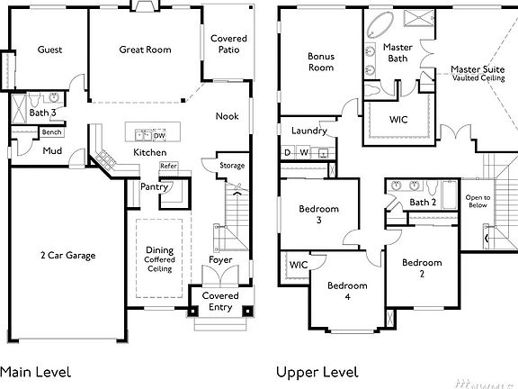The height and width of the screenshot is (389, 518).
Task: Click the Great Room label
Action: tap(145, 50)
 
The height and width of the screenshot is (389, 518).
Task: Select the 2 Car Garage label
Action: tap(67, 255)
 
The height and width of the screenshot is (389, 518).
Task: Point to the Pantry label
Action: tap(156, 186)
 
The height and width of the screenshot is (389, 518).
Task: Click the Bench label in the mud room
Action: tap(51, 132)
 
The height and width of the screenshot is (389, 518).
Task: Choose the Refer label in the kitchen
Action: tap(168, 166)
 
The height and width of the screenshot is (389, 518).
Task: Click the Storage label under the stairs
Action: tap(232, 166)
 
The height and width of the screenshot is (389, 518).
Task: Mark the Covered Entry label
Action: tap(219, 301)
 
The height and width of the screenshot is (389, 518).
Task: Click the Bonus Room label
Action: tap(321, 61)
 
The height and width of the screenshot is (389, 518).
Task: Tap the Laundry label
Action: tap(309, 131)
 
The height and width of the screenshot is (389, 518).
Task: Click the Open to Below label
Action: tap(478, 201)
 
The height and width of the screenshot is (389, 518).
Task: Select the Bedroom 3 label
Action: tap(318, 214)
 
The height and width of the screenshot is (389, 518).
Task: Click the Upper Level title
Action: tap(317, 371)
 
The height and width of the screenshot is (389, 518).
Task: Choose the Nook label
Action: tap(227, 116)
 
